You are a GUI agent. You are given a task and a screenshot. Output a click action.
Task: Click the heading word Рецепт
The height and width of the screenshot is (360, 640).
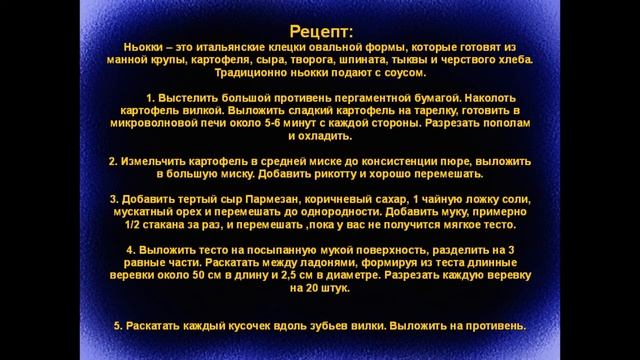pos(317,33)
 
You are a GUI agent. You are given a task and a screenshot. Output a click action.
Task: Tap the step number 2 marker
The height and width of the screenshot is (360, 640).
pos(111,161)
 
